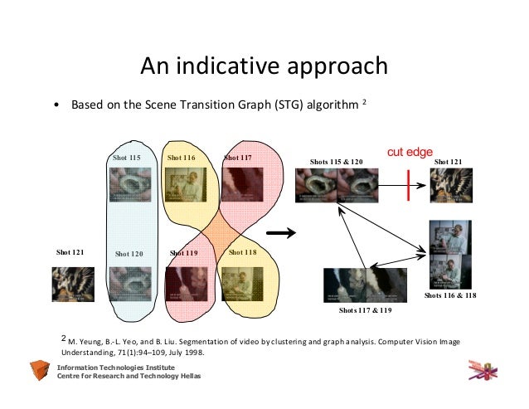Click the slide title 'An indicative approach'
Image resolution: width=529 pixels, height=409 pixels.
click(263, 66)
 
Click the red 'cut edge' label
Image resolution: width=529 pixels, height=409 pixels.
click(410, 152)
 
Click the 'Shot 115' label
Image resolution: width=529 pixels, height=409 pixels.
click(126, 157)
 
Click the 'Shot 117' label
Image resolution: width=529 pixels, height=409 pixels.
click(238, 157)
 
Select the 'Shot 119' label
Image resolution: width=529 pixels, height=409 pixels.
click(183, 252)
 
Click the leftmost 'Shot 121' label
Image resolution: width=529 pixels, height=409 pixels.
click(70, 251)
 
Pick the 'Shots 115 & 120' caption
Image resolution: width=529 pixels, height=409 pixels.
click(337, 161)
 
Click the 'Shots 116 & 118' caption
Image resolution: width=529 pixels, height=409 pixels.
click(449, 295)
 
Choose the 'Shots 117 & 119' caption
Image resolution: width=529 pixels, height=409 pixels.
click(365, 310)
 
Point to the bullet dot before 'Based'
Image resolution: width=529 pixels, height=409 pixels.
click(55, 106)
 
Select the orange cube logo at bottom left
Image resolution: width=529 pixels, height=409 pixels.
click(40, 371)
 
